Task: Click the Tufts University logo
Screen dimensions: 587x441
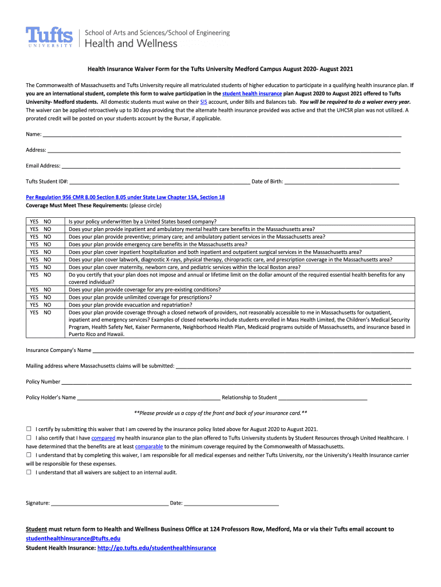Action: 50,38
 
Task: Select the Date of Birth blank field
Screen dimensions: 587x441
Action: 341,182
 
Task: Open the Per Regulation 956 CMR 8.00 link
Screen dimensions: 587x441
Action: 125,197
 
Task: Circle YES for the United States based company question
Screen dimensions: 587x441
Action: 34,221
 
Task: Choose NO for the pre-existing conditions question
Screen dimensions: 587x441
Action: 48,290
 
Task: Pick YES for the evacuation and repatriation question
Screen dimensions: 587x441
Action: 34,305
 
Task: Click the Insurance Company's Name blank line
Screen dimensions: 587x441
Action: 253,351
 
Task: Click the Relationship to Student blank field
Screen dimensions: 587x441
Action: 322,397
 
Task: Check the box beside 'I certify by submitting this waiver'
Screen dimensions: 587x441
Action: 29,429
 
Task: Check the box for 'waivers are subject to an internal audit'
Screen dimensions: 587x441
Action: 29,472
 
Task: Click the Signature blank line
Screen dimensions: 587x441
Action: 109,503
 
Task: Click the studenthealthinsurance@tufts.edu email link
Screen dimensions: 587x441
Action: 73,539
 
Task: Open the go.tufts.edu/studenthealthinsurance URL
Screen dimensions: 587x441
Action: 156,548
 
